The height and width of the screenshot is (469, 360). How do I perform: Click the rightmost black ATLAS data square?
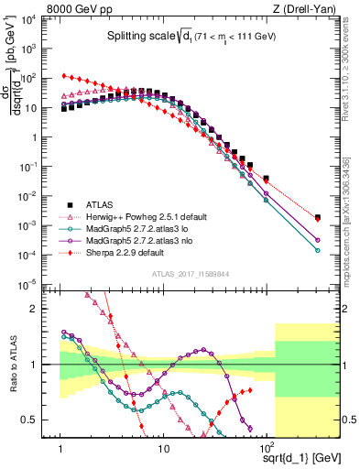pyautogui.click(x=317, y=217)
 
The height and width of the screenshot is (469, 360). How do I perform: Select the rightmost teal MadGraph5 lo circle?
pyautogui.click(x=317, y=249)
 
